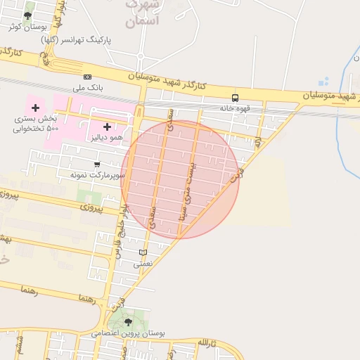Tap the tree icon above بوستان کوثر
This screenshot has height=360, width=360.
click(27, 15)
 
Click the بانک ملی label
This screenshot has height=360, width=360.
click(88, 89)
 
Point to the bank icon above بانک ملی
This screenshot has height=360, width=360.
click(87, 77)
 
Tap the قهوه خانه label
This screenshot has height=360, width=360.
click(235, 108)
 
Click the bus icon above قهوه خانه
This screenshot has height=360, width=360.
click(235, 98)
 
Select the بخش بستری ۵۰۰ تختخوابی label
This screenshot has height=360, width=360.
click(34, 124)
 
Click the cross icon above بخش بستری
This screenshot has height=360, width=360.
click(35, 108)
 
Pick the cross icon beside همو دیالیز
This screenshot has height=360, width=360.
click(107, 127)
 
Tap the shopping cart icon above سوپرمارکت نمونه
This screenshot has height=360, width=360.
click(96, 164)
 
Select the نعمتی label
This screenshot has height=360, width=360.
click(143, 264)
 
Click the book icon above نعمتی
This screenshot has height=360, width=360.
click(143, 253)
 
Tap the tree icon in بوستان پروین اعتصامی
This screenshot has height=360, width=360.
click(128, 322)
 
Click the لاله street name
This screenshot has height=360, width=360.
click(259, 143)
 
